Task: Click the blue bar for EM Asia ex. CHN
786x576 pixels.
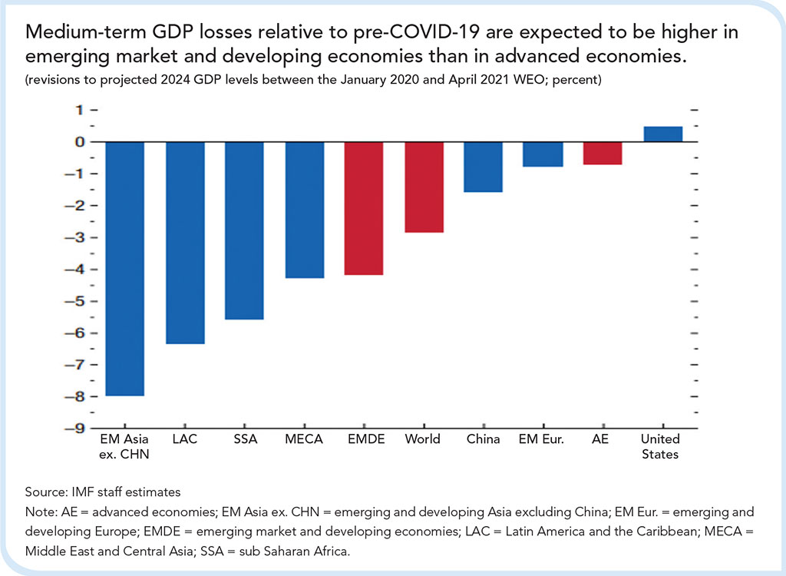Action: pyautogui.click(x=124, y=269)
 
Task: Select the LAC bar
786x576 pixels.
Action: pyautogui.click(x=185, y=243)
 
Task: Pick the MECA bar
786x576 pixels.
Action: pyautogui.click(x=305, y=210)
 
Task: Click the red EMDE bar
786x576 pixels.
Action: pyautogui.click(x=364, y=208)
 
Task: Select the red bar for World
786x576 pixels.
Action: pyautogui.click(x=424, y=187)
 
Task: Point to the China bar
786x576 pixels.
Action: pyautogui.click(x=484, y=167)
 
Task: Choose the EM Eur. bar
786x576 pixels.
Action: pyautogui.click(x=543, y=154)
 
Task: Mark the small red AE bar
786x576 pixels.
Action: pyautogui.click(x=603, y=153)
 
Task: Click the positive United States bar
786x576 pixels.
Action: pyautogui.click(x=662, y=134)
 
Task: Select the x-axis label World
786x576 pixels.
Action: pyautogui.click(x=423, y=439)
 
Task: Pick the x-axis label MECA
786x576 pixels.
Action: pyautogui.click(x=304, y=439)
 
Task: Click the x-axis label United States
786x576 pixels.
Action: pyautogui.click(x=661, y=446)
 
